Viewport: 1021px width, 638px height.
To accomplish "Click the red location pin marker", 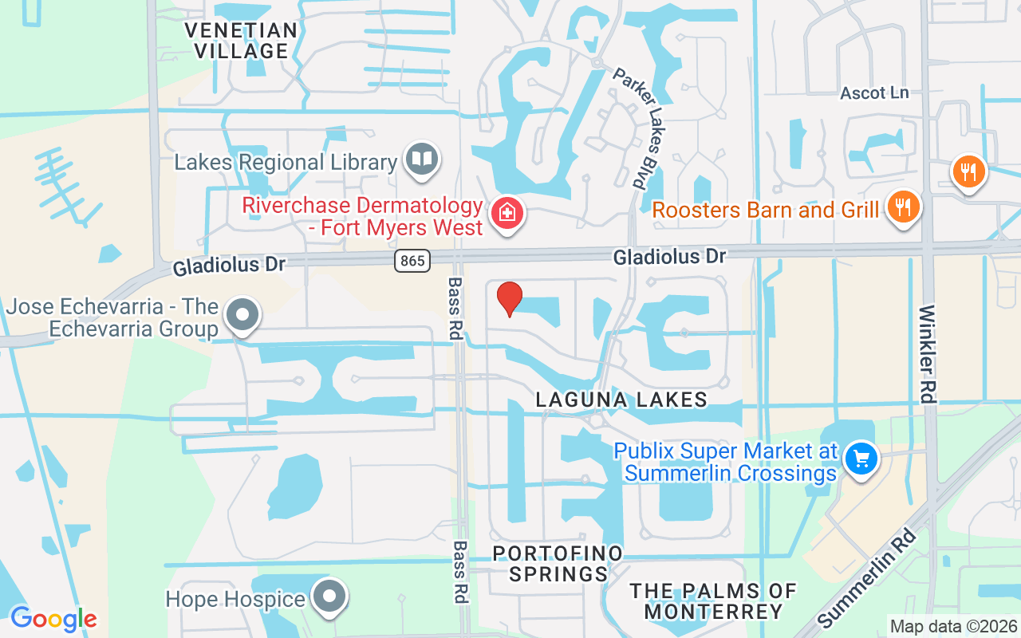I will pyautogui.click(x=509, y=299).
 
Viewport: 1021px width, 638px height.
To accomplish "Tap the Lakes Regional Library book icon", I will pyautogui.click(x=421, y=159).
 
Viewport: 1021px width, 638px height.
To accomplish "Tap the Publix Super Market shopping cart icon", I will pyautogui.click(x=861, y=459).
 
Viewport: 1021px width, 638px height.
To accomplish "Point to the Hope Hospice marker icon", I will pyautogui.click(x=329, y=597).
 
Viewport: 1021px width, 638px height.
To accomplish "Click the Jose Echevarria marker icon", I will pyautogui.click(x=242, y=315).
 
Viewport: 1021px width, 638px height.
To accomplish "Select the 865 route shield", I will pyautogui.click(x=412, y=260).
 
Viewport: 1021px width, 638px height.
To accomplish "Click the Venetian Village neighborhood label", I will pyautogui.click(x=241, y=41).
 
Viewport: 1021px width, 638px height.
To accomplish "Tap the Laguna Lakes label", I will pyautogui.click(x=621, y=400).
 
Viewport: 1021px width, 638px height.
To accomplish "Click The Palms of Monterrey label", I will pyautogui.click(x=713, y=601).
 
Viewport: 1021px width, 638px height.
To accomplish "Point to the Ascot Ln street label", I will pyautogui.click(x=874, y=93).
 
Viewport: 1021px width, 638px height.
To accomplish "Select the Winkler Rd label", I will pyautogui.click(x=928, y=353).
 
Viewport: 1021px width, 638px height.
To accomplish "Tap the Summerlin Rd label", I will pyautogui.click(x=866, y=579).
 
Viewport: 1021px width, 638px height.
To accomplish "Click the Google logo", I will pyautogui.click(x=53, y=619).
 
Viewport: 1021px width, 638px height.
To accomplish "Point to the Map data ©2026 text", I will pyautogui.click(x=953, y=627).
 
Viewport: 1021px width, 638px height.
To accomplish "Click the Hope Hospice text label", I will pyautogui.click(x=236, y=599).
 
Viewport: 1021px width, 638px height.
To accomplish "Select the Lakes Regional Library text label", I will pyautogui.click(x=286, y=163).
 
